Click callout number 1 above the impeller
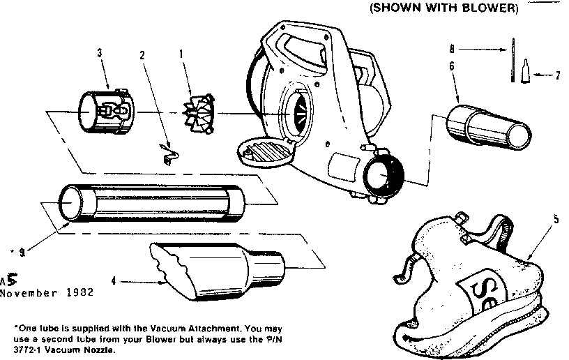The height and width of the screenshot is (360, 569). tap(183, 53)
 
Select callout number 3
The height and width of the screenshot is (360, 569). tap(100, 52)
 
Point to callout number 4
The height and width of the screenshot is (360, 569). tap(114, 282)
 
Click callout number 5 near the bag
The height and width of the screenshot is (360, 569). tap(556, 218)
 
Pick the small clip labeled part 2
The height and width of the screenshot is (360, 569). tap(167, 153)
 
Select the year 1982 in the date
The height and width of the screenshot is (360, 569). tap(78, 292)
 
